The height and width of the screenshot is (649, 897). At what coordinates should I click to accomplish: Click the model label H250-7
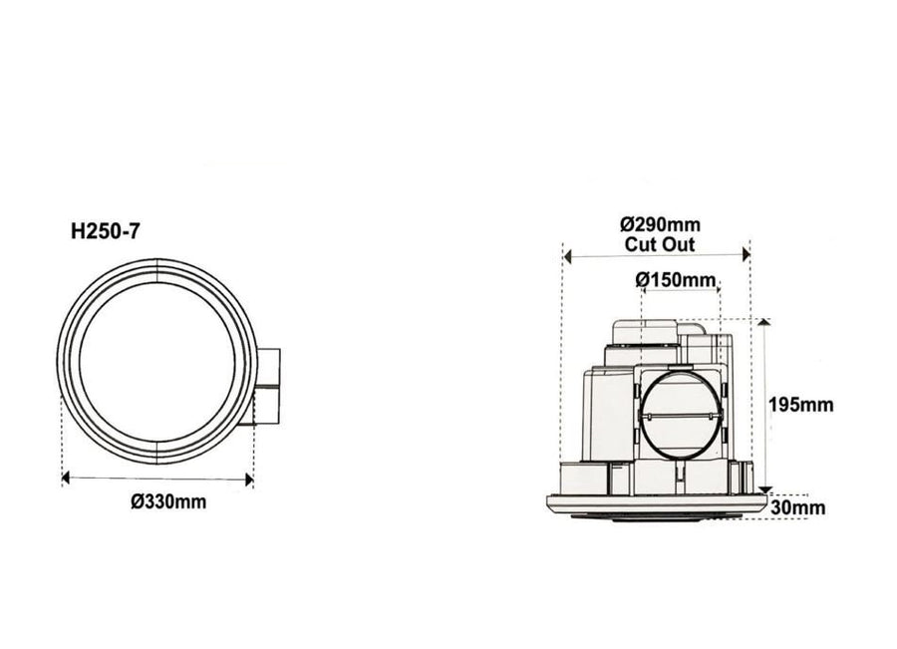click(x=106, y=231)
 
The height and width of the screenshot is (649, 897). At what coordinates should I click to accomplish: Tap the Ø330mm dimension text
click(x=168, y=501)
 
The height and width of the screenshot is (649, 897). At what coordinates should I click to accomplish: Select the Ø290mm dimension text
click(x=659, y=223)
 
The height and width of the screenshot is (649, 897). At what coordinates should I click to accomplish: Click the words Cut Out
click(x=659, y=243)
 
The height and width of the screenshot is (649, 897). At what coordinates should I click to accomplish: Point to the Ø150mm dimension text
click(x=676, y=280)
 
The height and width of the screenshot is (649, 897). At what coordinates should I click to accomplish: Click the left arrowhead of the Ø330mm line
click(x=66, y=479)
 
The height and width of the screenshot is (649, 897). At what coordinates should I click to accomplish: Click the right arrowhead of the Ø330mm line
click(x=249, y=479)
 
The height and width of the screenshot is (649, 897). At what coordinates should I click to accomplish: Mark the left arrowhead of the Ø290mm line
click(x=567, y=256)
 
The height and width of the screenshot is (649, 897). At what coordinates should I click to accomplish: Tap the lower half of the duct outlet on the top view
click(x=268, y=407)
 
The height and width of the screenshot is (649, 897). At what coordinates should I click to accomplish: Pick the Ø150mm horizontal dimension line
click(x=678, y=291)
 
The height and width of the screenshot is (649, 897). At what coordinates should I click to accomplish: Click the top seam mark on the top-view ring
click(x=157, y=266)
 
